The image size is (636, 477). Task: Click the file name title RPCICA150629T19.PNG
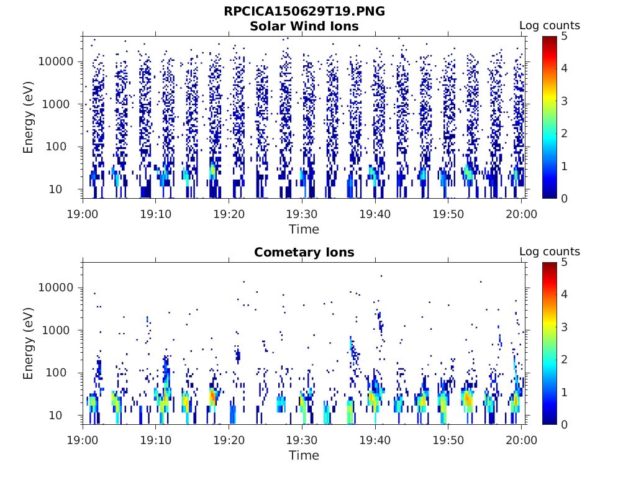point(304,12)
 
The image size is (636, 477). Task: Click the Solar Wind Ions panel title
point(304,27)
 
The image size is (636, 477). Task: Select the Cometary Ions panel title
point(304,253)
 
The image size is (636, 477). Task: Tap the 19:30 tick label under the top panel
point(302,214)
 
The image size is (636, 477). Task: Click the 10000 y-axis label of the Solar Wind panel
point(57,62)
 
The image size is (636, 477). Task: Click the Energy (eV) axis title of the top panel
point(29,117)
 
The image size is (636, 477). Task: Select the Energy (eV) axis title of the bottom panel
point(29,343)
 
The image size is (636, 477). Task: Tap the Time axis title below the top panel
point(304,229)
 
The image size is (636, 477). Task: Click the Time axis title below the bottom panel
point(304,455)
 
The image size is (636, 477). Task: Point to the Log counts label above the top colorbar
point(550,26)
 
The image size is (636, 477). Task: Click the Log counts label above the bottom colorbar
point(550,252)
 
